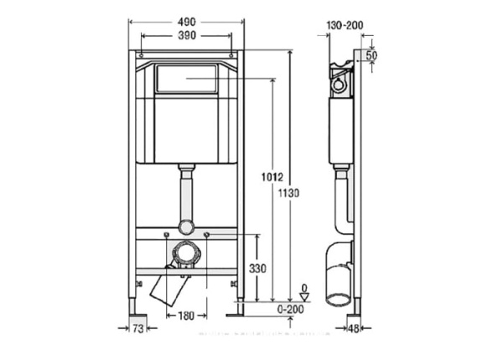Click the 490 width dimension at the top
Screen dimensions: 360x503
click(186, 20)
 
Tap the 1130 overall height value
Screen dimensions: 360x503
click(289, 193)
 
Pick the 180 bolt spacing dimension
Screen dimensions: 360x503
click(186, 316)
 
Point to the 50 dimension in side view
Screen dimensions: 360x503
click(371, 55)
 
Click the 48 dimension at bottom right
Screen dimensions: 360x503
click(355, 329)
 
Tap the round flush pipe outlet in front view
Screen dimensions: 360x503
click(186, 227)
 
